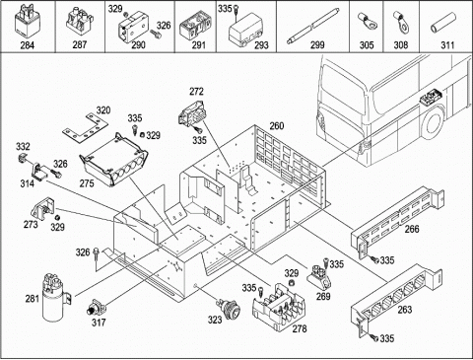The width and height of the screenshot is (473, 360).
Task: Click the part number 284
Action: [28, 45]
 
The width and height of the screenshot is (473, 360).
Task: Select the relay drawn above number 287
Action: [80, 22]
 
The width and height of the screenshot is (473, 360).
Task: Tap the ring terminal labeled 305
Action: [366, 22]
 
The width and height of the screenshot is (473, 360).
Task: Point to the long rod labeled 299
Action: [313, 25]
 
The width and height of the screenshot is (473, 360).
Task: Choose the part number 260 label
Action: [277, 126]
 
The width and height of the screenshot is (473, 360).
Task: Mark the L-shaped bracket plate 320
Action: [86, 129]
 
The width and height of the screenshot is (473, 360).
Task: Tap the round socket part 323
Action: [229, 308]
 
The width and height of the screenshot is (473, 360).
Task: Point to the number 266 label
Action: [412, 229]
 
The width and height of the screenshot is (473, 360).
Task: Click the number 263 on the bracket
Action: [404, 310]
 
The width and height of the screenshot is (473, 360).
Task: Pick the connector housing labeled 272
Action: [192, 113]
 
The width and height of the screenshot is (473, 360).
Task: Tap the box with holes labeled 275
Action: [113, 160]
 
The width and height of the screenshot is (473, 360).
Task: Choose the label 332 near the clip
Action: [23, 147]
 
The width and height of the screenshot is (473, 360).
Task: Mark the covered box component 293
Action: [244, 29]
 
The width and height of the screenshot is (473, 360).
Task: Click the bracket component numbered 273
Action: [43, 209]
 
